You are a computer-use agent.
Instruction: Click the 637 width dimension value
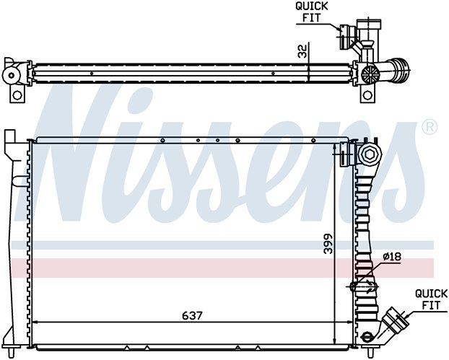tap(192, 316)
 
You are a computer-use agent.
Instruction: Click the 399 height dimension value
tap(328, 244)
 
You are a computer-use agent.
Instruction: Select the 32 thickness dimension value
tap(302, 51)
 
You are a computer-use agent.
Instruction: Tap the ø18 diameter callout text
tap(392, 257)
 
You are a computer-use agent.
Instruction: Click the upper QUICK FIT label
tap(312, 12)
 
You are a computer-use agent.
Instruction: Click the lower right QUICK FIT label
tap(431, 299)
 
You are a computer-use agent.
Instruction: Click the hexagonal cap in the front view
tap(370, 154)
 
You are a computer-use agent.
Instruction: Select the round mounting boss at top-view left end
tap(12, 76)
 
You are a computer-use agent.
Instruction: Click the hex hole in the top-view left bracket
tap(18, 95)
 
